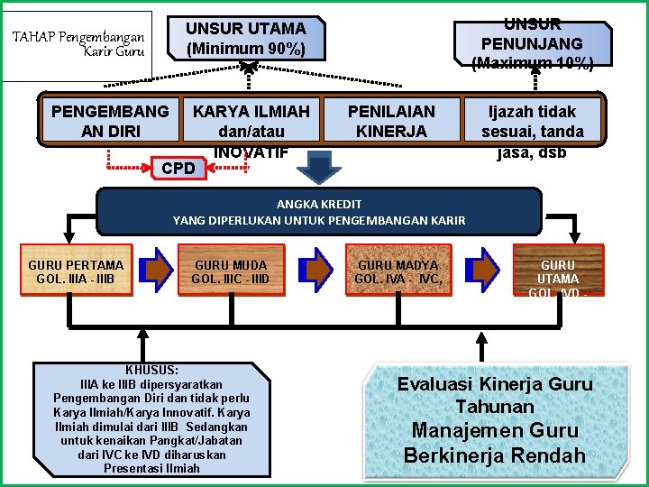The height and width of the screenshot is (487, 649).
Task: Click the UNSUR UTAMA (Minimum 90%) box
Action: tap(245, 39)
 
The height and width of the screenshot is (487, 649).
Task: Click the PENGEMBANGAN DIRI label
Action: tap(110, 121)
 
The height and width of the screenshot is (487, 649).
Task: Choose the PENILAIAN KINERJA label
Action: tap(391, 121)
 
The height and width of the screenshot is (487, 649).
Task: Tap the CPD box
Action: tap(178, 169)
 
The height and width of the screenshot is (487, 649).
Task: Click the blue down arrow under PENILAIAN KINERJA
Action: tap(319, 168)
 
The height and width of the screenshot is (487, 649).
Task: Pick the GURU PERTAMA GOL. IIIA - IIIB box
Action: tap(76, 271)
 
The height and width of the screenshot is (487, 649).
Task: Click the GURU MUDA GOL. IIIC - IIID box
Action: tap(230, 271)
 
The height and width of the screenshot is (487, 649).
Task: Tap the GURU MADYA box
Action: tap(398, 271)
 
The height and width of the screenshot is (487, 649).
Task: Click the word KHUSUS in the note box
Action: tap(151, 371)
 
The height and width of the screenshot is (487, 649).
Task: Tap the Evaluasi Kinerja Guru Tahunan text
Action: tap(495, 395)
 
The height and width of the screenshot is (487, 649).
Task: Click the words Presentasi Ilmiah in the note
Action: tap(151, 468)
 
